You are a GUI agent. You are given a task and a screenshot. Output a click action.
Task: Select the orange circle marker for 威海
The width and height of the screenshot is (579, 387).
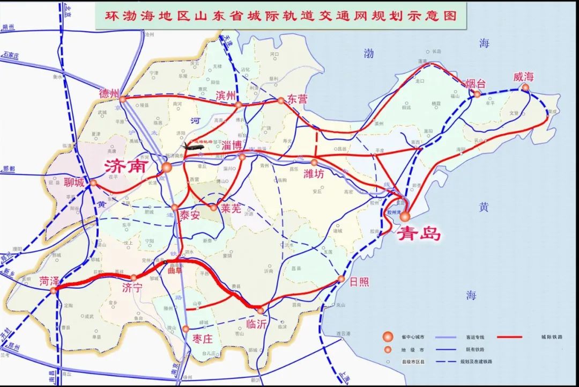pos(525,87)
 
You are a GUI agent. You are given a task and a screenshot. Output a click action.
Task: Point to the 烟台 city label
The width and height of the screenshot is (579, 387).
pos(475,84)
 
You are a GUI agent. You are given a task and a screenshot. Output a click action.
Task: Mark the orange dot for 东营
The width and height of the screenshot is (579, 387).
pos(280,100)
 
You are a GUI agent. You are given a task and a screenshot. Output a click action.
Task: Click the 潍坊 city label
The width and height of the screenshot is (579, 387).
pos(315,173)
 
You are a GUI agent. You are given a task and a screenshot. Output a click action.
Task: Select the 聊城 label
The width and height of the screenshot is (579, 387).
pos(73,183)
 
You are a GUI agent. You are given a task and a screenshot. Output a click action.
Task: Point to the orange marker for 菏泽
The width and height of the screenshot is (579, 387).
pos(53,290)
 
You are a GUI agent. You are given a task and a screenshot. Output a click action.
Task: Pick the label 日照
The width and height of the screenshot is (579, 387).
pos(358,281)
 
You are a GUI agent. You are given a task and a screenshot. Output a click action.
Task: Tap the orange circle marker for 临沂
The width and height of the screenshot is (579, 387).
pos(260,311)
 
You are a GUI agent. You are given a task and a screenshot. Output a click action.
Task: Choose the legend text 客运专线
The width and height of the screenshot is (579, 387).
pos(472,337)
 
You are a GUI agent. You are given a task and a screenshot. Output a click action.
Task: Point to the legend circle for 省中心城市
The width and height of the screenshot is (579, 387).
pos(386,337)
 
